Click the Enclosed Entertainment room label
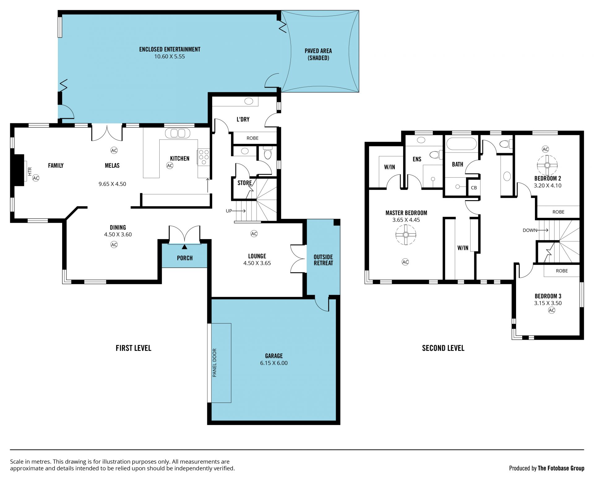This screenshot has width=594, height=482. pos(170,49)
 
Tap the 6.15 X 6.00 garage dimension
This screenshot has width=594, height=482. pos(274,363)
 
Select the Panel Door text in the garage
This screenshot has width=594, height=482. pos(214,363)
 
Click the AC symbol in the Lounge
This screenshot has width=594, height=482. pos(254,234)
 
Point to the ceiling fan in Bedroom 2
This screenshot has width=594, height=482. pos(547,165)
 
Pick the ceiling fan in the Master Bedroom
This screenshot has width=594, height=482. pos(406,235)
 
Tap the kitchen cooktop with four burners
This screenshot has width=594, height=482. pos(204,157)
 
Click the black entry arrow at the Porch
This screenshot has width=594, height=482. pos(184,247)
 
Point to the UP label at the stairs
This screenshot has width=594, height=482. pos(229,211)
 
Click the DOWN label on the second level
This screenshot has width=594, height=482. pos(530,230)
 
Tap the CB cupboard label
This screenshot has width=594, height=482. pos(474,188)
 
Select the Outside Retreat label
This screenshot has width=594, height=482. pos(323,260)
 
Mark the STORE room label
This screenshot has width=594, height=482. pos(244,183)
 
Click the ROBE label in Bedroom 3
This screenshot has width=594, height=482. pos(562,271)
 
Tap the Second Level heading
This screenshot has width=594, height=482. pos(443,348)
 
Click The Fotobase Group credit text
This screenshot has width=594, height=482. pos(561,468)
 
